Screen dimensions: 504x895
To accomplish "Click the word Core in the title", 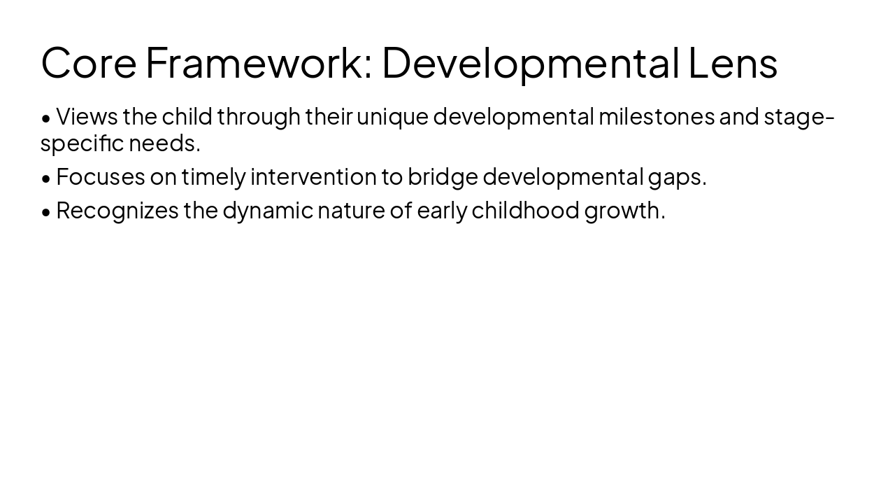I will click(x=88, y=62).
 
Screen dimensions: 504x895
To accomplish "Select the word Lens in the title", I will click(x=733, y=62).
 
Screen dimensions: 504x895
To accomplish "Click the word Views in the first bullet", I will click(x=87, y=116).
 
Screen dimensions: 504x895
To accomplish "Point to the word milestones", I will click(x=656, y=116).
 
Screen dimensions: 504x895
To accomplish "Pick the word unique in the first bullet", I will click(x=392, y=116).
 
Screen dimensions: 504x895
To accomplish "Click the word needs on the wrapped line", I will click(x=164, y=143).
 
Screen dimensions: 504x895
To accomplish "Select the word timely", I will click(x=213, y=176).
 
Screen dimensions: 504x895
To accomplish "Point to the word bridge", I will click(x=443, y=176).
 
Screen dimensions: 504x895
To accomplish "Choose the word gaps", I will click(x=677, y=178).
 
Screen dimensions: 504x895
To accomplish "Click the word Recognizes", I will click(x=117, y=210).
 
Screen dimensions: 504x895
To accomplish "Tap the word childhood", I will click(x=525, y=210).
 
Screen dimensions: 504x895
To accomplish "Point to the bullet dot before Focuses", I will click(x=46, y=178).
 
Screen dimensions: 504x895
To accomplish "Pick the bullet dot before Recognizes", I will click(x=46, y=211).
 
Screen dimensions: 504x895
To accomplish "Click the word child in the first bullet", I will click(x=187, y=116).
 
